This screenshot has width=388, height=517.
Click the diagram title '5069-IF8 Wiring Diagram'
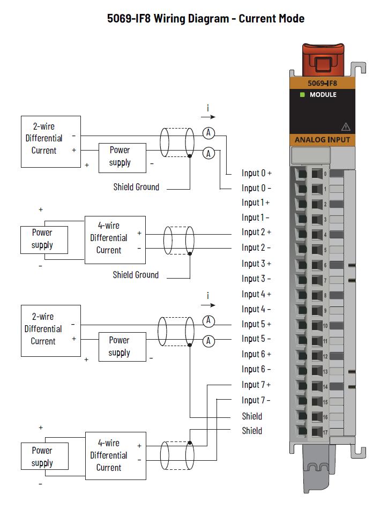pyautogui.click(x=168, y=18)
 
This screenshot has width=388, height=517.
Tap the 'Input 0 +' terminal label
pyautogui.click(x=256, y=173)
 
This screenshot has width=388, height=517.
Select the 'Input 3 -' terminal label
pyautogui.click(x=256, y=279)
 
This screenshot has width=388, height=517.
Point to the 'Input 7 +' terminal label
pyautogui.click(x=256, y=385)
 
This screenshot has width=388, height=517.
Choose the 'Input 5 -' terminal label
pyautogui.click(x=256, y=339)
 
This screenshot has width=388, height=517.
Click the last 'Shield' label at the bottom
pyautogui.click(x=252, y=431)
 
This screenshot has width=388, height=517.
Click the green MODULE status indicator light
pyautogui.click(x=302, y=95)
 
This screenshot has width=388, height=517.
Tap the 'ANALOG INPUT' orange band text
pyautogui.click(x=322, y=140)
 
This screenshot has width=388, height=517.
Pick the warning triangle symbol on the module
pyautogui.click(x=346, y=127)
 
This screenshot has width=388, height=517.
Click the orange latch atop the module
pyautogui.click(x=323, y=59)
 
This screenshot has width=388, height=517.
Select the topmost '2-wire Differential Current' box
pyautogui.click(x=51, y=142)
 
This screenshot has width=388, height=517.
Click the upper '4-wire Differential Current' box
pyautogui.click(x=115, y=240)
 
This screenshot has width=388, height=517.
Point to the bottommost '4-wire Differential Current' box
pyautogui.click(x=116, y=456)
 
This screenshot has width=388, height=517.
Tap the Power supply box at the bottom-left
pyautogui.click(x=44, y=456)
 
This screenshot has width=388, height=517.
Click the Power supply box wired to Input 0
pyautogui.click(x=122, y=158)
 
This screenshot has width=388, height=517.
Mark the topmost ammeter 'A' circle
pyautogui.click(x=208, y=133)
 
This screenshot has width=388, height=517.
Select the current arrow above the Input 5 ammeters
pyautogui.click(x=208, y=305)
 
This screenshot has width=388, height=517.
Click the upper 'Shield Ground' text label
pyautogui.click(x=136, y=188)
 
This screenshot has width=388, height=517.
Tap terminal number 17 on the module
pyautogui.click(x=325, y=432)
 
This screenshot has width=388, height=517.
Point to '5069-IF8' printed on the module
pyautogui.click(x=322, y=83)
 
